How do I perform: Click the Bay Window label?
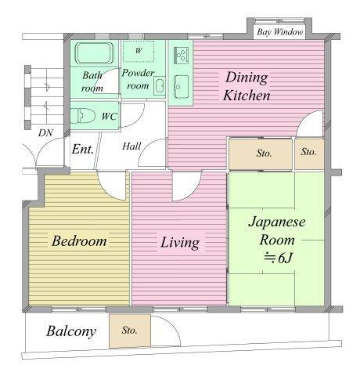[x=279, y=32]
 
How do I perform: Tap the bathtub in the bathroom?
[x=95, y=53]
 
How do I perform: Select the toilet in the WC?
[x=83, y=116]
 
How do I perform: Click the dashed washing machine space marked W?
[x=139, y=51]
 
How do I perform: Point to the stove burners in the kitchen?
[x=181, y=55]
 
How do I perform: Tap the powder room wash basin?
[x=159, y=85]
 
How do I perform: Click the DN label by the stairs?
[x=45, y=133]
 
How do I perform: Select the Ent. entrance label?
[x=82, y=150]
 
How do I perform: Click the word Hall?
[x=131, y=146]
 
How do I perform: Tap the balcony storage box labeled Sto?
[x=130, y=331]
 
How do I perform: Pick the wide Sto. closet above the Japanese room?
[x=261, y=154]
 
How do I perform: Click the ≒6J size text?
[x=278, y=258]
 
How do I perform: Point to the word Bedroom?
[x=79, y=240]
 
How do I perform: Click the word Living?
[x=180, y=243]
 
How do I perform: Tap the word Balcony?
[x=71, y=331]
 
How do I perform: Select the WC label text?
[x=109, y=117]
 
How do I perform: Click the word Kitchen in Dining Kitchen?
[x=247, y=96]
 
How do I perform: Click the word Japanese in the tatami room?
[x=277, y=222]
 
